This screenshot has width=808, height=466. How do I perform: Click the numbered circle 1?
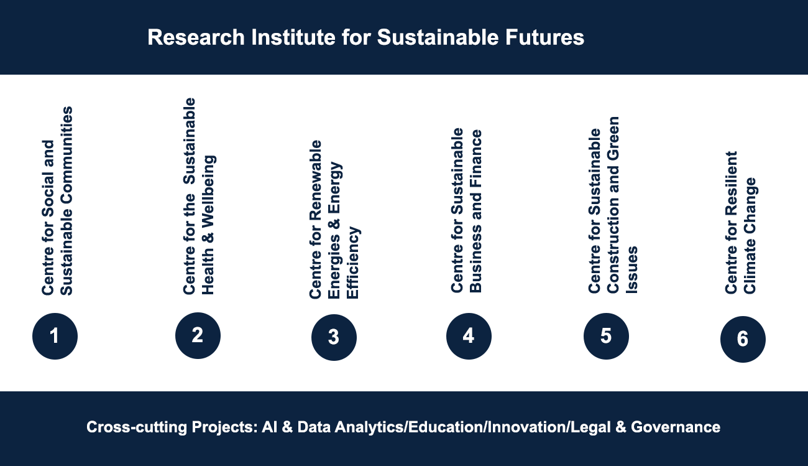coord(55,336)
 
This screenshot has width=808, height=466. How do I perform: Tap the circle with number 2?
coord(198,336)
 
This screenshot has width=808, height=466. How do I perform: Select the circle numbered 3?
coord(334,337)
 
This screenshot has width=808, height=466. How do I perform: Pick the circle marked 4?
coord(469,336)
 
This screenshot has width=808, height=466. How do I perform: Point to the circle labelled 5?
coord(606,336)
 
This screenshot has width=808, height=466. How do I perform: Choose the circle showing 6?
coord(743,339)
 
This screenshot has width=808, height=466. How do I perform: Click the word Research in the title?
coord(196,37)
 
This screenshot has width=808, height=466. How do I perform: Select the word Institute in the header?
coord(293,37)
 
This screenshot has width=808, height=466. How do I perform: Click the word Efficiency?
coord(353,263)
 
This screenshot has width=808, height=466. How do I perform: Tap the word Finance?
coord(475,155)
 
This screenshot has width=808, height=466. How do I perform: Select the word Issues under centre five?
coord(632,269)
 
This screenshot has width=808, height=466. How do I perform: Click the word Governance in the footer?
coord(675,427)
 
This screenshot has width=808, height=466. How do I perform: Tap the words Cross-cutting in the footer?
coord(137,427)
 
